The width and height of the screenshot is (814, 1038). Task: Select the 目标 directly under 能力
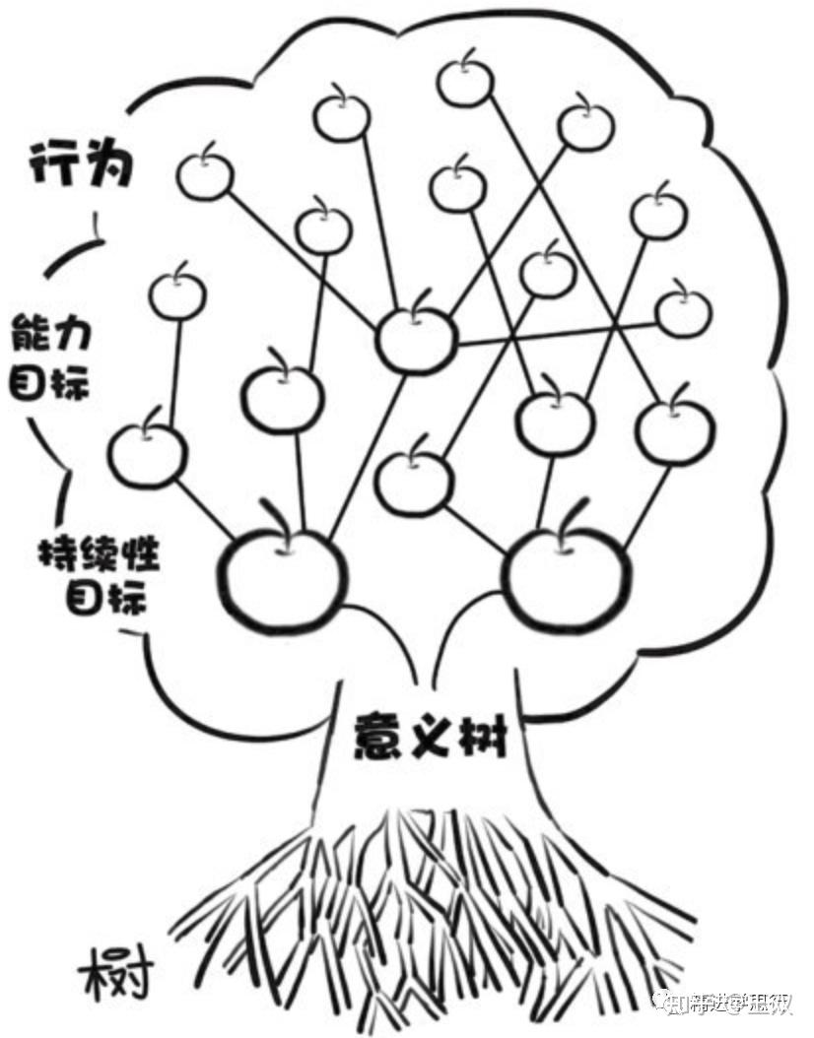(x=62, y=382)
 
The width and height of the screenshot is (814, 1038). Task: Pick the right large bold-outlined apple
(x=567, y=576)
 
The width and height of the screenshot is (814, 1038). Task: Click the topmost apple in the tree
(x=465, y=83)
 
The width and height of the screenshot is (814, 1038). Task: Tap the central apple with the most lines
(x=417, y=340)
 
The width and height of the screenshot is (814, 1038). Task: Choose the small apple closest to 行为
(x=204, y=175)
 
